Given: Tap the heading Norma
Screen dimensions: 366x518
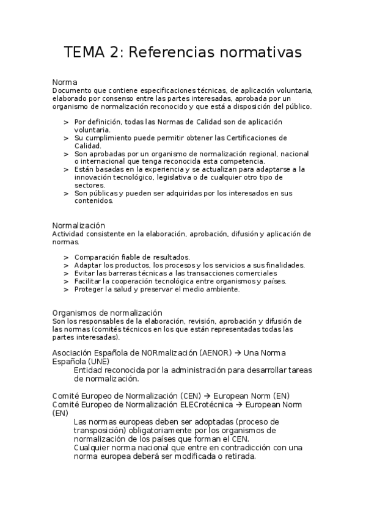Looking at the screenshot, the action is click(x=65, y=82).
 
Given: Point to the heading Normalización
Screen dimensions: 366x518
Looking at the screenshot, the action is click(x=79, y=225).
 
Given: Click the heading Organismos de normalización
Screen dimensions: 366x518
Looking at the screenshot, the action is click(x=108, y=313).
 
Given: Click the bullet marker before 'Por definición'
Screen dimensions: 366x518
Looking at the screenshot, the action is click(x=65, y=122).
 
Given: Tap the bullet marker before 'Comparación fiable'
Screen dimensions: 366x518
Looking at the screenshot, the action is click(x=65, y=257).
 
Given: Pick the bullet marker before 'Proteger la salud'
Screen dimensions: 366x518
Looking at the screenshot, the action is click(x=65, y=290).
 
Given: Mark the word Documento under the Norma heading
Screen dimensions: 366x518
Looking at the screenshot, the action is click(x=73, y=90).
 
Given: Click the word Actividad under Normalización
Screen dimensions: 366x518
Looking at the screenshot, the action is click(x=69, y=234).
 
